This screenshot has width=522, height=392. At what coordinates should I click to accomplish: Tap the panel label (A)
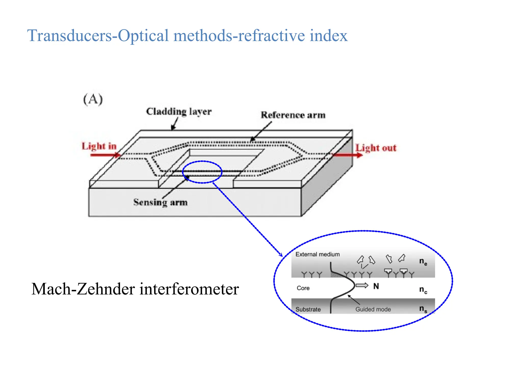tap(93, 99)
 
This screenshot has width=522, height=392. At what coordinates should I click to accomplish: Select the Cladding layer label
tap(179, 112)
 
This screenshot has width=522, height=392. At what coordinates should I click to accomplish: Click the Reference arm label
tap(293, 115)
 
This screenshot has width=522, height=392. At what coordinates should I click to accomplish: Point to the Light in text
tap(99, 146)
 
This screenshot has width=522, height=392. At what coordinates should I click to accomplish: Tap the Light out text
tap(376, 148)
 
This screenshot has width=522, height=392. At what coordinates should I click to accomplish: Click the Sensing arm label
tap(160, 202)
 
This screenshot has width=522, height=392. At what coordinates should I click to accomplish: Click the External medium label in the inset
tap(317, 254)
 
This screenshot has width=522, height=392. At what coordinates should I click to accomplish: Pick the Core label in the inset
tap(303, 288)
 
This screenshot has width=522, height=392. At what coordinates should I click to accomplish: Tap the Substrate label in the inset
tap(308, 309)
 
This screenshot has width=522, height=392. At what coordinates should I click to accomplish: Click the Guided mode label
tap(373, 309)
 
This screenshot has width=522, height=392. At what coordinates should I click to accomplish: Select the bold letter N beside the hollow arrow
tap(376, 286)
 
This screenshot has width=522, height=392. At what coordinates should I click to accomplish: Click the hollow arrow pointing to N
tap(362, 285)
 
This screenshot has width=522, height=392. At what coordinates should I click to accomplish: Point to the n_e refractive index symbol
tap(423, 262)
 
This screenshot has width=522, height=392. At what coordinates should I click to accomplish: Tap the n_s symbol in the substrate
tap(423, 309)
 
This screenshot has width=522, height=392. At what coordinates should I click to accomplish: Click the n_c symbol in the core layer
tap(423, 290)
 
